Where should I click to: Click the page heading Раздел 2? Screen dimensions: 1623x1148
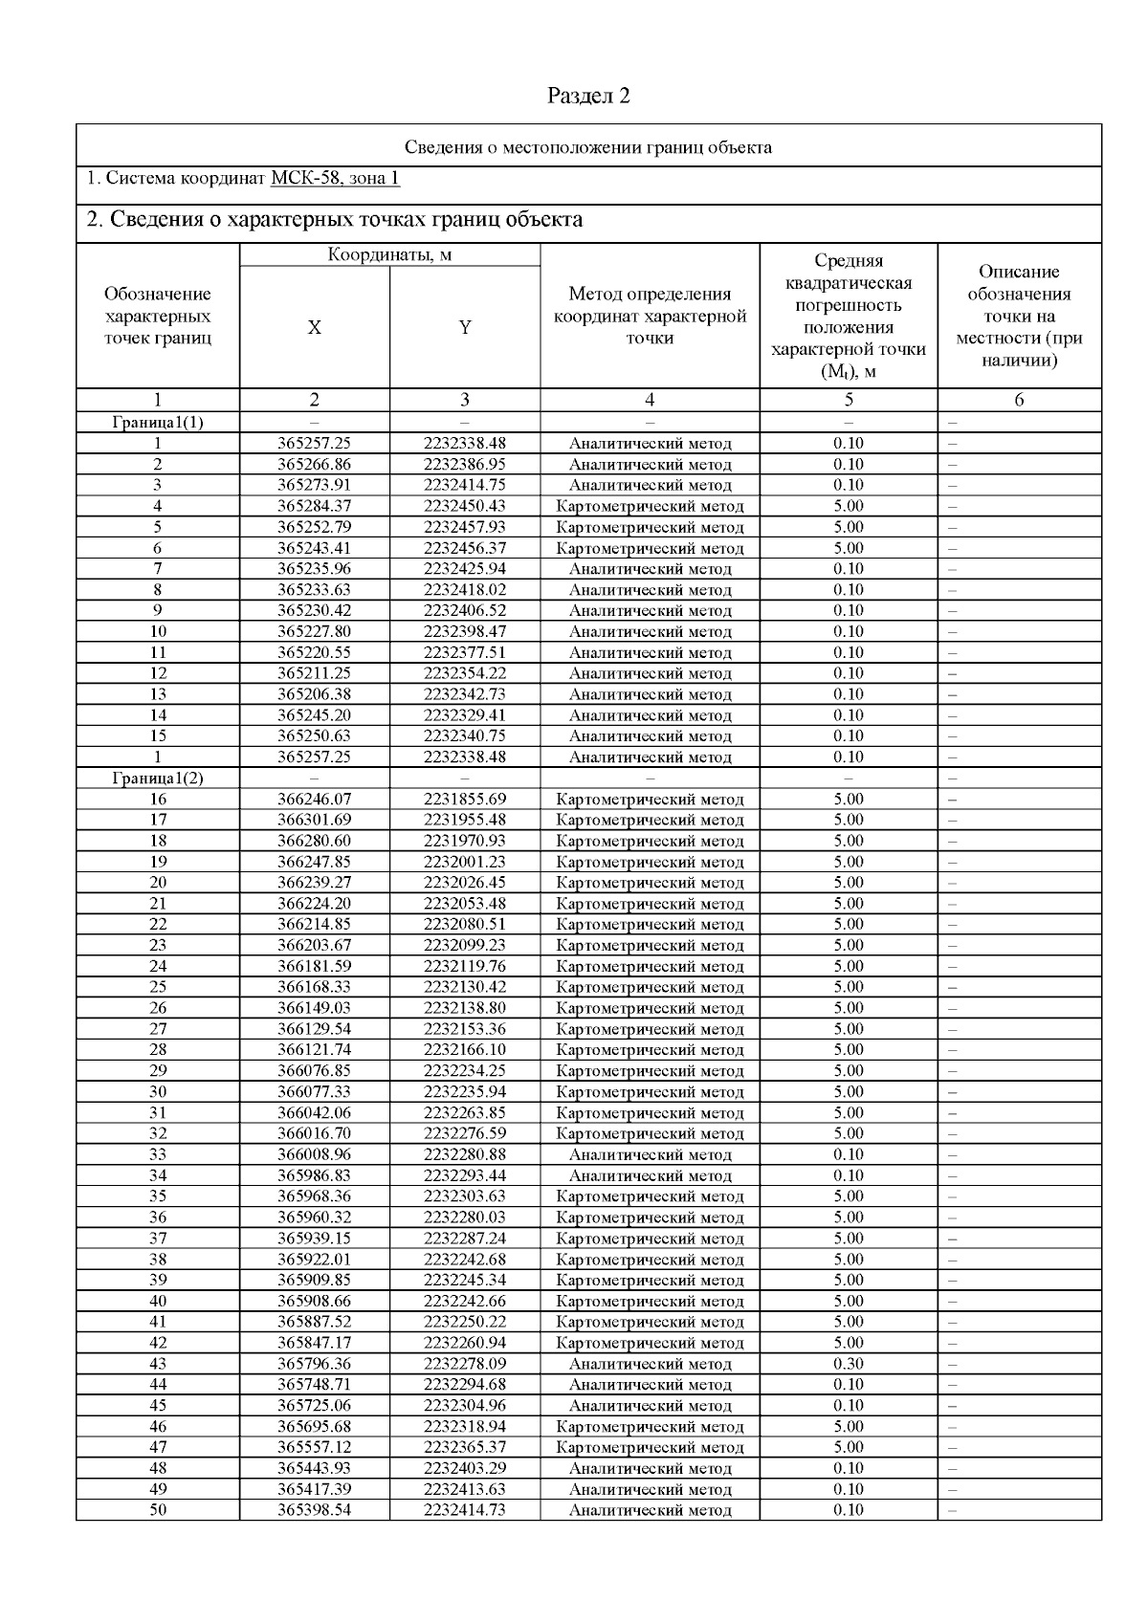(588, 96)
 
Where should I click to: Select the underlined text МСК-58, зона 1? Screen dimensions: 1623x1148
(335, 179)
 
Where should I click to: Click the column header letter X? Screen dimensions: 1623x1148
(314, 328)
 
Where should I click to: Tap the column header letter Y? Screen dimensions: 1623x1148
(465, 328)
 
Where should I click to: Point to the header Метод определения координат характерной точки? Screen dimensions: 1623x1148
(650, 317)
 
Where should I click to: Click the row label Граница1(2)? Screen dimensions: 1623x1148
(158, 779)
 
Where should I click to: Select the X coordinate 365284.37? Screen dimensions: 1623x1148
(314, 506)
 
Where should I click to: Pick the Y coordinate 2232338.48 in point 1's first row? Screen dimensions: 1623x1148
(465, 444)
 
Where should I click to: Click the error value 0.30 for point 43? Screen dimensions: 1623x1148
(848, 1364)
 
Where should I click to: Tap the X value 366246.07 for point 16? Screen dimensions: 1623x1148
(314, 800)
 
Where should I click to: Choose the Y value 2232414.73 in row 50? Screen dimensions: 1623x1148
(465, 1510)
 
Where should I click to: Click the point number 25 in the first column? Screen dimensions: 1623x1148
(158, 987)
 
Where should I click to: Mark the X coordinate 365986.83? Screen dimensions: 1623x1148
(314, 1175)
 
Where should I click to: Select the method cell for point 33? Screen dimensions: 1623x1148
(650, 1155)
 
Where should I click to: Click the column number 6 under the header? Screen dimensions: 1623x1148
(1019, 401)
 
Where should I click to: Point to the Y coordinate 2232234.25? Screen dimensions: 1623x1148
(465, 1071)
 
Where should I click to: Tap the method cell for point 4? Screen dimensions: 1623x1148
(650, 506)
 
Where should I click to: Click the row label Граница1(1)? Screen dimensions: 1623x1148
(158, 423)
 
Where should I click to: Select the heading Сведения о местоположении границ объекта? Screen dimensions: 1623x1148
(588, 147)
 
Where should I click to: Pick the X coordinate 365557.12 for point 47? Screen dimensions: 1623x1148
(314, 1448)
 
